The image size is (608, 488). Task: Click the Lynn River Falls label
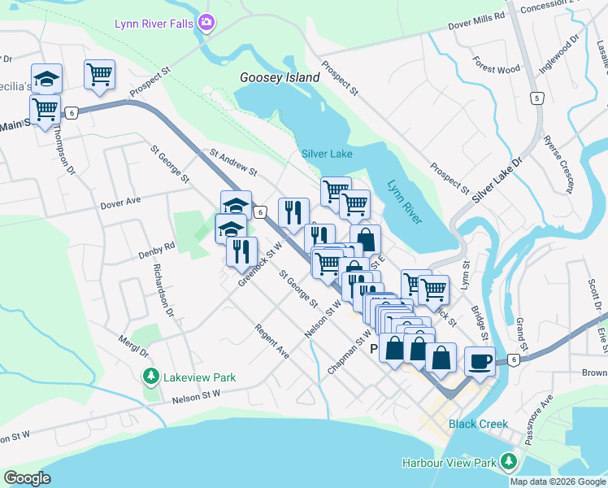152,23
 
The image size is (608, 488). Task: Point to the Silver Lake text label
327,154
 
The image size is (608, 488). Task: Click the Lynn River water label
404,203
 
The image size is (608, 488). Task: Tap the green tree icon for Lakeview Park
150,376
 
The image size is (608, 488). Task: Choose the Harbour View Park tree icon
509,463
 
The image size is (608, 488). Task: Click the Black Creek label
478,424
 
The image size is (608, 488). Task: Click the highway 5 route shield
536,98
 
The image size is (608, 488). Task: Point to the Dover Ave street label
121,200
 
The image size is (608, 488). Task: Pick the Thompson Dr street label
62,154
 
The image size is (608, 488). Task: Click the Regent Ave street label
271,342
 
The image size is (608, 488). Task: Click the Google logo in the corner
27,478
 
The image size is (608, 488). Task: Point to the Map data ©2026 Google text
557,481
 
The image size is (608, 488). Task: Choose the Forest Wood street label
496,69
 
